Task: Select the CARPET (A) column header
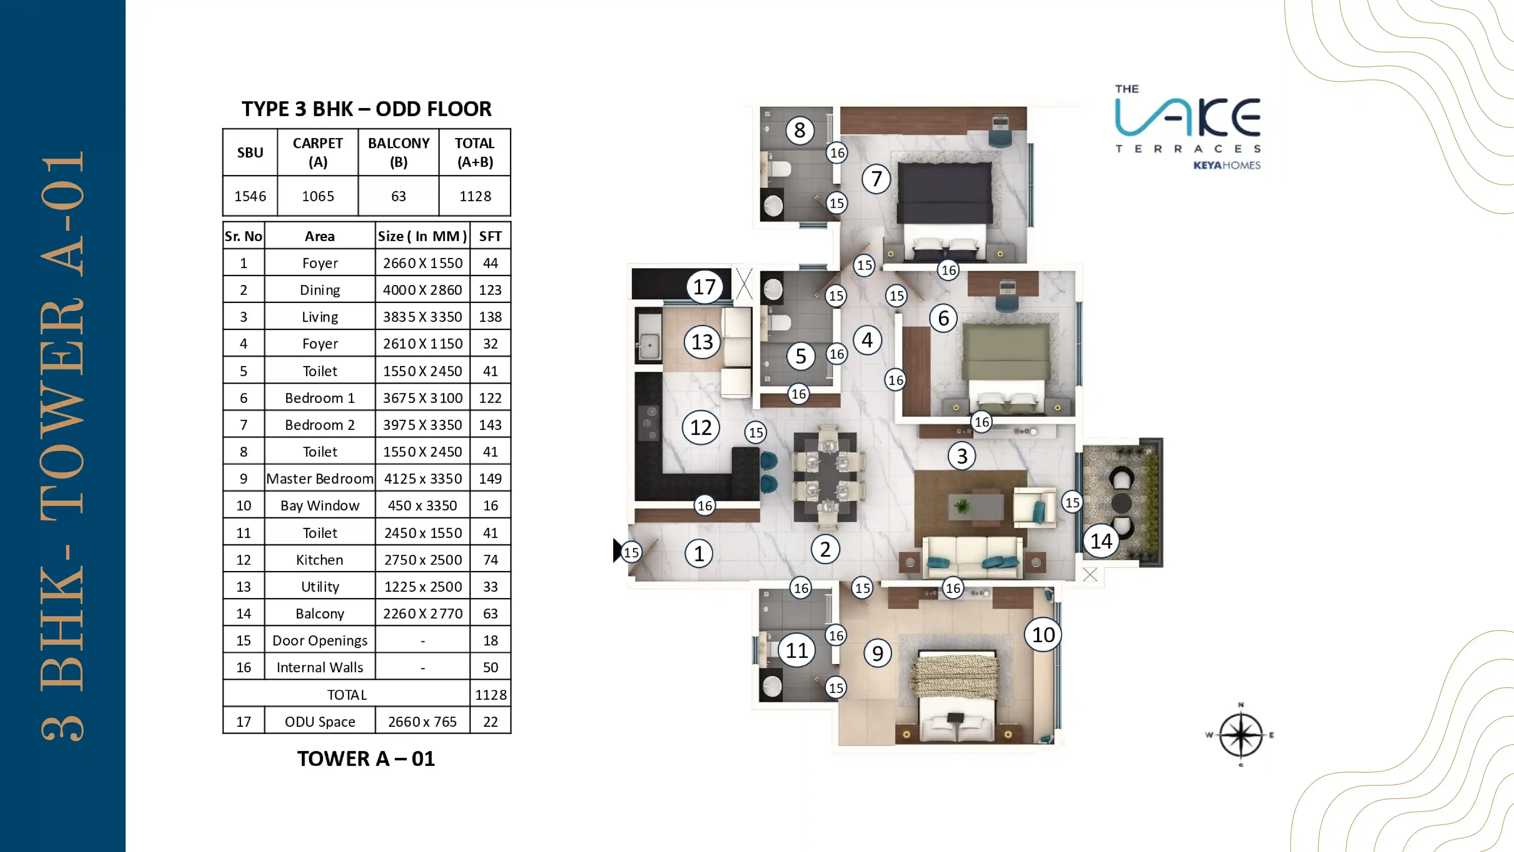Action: click(x=317, y=152)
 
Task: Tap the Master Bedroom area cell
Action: click(x=320, y=479)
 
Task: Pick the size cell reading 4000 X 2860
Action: click(x=422, y=290)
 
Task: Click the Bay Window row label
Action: click(x=320, y=506)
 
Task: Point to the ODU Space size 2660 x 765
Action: click(x=422, y=721)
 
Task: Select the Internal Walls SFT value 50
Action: click(x=490, y=667)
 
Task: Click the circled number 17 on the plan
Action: click(x=704, y=287)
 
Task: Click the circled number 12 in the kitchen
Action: click(x=700, y=427)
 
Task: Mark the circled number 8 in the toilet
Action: click(x=799, y=130)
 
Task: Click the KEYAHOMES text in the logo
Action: click(x=1227, y=165)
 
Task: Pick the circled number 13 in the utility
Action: click(x=702, y=342)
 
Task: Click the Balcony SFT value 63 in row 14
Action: click(x=490, y=613)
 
